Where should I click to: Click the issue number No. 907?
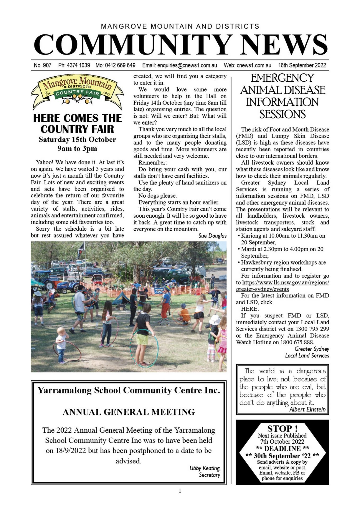42,65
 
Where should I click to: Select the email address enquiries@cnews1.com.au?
187,65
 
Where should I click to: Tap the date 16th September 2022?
302,65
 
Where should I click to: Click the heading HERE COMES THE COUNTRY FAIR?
77,124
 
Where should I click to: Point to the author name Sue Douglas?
212,236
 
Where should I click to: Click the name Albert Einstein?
307,409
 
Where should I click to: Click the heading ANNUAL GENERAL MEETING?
129,412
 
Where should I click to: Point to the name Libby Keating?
205,468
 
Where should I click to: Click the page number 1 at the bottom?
180,491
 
